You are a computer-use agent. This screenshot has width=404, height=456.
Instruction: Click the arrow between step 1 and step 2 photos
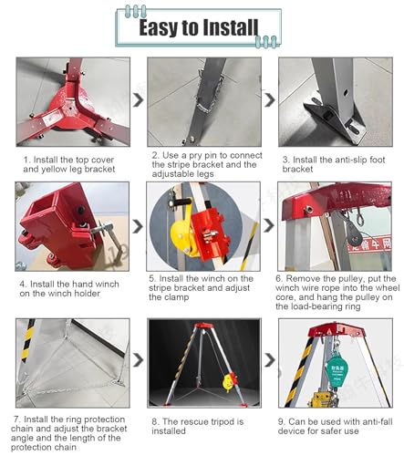pyautogui.click(x=139, y=100)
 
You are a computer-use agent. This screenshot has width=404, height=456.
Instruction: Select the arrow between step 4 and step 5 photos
pyautogui.click(x=138, y=226)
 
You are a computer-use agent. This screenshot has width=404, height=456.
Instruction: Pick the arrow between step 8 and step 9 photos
pyautogui.click(x=270, y=360)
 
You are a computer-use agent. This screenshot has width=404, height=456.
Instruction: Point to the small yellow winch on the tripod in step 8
pyautogui.click(x=228, y=382)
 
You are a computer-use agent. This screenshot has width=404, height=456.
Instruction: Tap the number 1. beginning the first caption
pyautogui.click(x=27, y=160)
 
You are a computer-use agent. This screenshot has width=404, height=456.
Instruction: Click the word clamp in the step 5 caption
pyautogui.click(x=175, y=297)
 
